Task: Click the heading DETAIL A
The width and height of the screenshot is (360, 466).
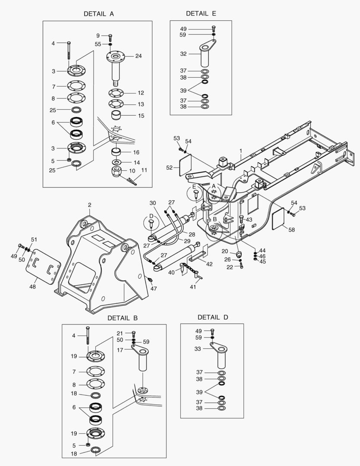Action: pos(99,14)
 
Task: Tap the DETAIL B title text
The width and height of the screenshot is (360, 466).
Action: pos(122,318)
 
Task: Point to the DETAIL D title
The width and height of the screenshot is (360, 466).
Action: pos(213,317)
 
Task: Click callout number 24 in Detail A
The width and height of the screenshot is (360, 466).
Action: pos(138,56)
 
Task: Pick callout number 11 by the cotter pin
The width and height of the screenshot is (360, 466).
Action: pos(144,170)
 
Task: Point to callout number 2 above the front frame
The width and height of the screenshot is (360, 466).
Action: pos(90,205)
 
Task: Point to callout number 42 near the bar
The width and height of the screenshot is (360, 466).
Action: pos(209,264)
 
